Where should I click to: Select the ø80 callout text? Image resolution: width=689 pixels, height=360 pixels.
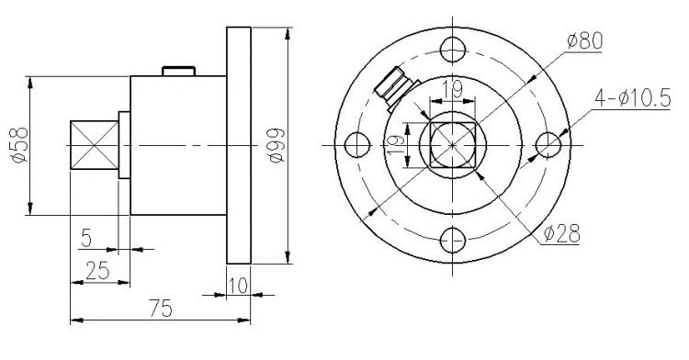coord(584,40)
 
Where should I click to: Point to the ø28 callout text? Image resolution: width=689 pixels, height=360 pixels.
coord(561,234)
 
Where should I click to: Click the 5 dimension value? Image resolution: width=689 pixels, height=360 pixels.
coord(85,238)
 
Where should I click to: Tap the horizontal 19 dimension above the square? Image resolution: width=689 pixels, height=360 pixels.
coord(451,89)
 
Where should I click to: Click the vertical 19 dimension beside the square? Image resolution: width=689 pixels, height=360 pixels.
coord(394,146)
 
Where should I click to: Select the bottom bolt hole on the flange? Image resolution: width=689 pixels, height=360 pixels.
coord(452,241)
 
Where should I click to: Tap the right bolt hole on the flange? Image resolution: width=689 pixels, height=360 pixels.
coord(548,145)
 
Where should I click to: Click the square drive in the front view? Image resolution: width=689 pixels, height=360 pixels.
coord(452,145)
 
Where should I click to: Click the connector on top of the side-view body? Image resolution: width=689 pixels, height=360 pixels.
coord(178,71)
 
